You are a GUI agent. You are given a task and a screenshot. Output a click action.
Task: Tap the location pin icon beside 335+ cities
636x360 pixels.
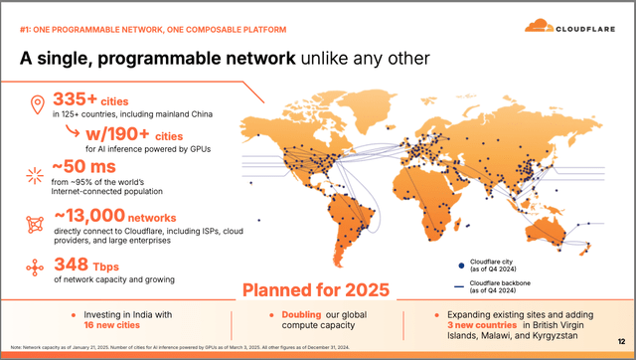[37, 103]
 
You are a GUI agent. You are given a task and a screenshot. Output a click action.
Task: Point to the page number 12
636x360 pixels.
[621, 341]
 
